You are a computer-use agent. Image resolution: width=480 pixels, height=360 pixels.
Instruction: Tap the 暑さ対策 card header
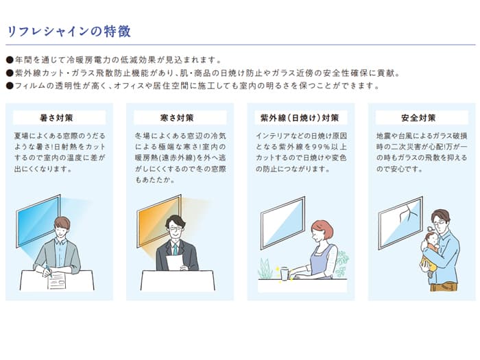coord(59,117)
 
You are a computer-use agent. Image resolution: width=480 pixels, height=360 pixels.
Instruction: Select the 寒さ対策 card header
coord(180,117)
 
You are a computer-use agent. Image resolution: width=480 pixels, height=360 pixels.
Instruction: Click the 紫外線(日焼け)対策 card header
coord(300,117)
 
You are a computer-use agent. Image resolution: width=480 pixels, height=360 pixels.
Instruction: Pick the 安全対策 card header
coord(421,117)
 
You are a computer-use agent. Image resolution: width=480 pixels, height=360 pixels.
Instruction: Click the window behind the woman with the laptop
coord(282,223)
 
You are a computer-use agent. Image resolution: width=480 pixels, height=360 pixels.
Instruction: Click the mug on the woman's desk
coord(284,273)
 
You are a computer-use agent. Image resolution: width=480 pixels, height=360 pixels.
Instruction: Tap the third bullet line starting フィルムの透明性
coord(192,86)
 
